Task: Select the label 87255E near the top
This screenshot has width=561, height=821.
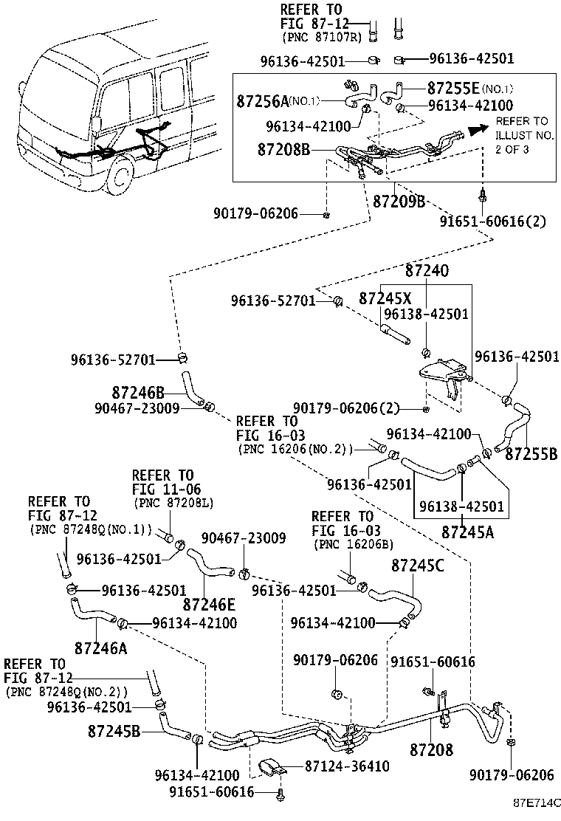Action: coord(453,87)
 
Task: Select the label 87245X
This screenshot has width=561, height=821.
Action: coord(385,298)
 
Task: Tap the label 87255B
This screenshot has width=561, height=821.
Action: coord(532,453)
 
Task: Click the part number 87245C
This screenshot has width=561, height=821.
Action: coord(417,566)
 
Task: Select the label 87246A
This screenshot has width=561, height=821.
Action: coord(100,648)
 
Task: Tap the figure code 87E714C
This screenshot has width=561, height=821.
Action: coord(537,802)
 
